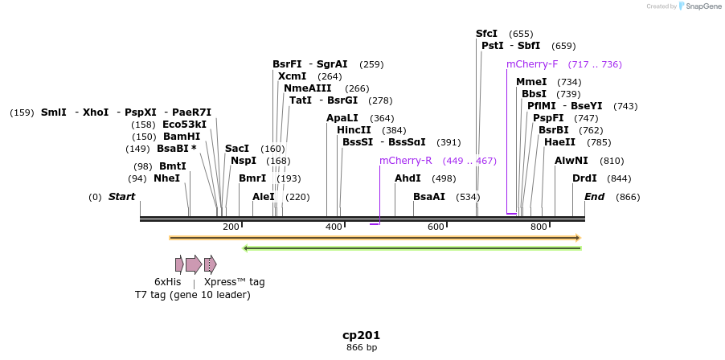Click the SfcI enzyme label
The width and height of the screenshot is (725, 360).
(x=486, y=34)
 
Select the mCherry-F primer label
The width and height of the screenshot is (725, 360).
(x=531, y=64)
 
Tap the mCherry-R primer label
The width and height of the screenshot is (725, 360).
(x=405, y=161)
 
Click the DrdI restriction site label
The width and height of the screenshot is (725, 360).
(x=584, y=178)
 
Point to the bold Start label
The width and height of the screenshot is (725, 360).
(x=121, y=197)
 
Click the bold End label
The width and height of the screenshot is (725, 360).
(x=594, y=197)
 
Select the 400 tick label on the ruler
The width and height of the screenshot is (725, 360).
(x=334, y=227)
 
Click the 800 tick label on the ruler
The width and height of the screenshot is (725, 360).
(x=539, y=227)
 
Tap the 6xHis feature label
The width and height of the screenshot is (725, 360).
(x=167, y=282)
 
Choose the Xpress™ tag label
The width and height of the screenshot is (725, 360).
(x=234, y=282)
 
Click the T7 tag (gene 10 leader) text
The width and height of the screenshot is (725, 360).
(x=192, y=295)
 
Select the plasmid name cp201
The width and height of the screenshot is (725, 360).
(x=361, y=335)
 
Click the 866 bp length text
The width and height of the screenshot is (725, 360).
(x=361, y=348)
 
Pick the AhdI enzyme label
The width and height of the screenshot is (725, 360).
(x=408, y=178)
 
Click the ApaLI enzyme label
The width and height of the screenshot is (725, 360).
(x=342, y=118)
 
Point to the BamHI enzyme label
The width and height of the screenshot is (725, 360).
(x=181, y=137)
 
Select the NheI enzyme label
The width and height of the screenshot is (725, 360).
(x=166, y=178)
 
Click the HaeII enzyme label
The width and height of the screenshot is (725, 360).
(x=559, y=142)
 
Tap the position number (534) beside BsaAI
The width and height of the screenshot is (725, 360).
(x=468, y=197)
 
